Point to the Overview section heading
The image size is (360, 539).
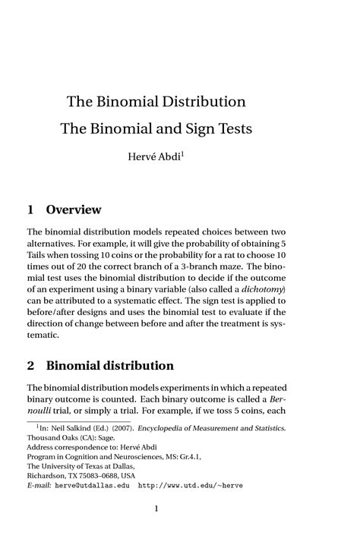[74, 209]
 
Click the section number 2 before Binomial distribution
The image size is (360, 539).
[30, 365]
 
